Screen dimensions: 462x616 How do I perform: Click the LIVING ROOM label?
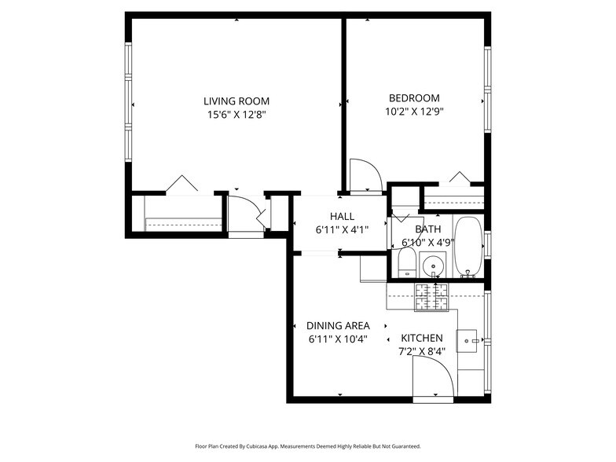click(x=236, y=101)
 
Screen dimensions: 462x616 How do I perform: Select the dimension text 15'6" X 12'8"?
click(x=236, y=115)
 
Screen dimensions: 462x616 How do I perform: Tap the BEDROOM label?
click(x=414, y=98)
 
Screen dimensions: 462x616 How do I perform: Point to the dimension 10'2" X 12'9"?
click(x=414, y=112)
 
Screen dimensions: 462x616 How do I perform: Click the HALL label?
click(x=342, y=216)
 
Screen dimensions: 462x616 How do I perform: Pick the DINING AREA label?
click(x=338, y=325)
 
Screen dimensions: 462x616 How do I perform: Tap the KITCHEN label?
click(x=422, y=338)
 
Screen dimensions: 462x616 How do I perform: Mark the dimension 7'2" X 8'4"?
click(x=422, y=351)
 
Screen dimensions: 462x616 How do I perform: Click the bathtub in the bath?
click(x=468, y=246)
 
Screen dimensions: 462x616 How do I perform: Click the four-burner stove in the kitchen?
click(x=431, y=295)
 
